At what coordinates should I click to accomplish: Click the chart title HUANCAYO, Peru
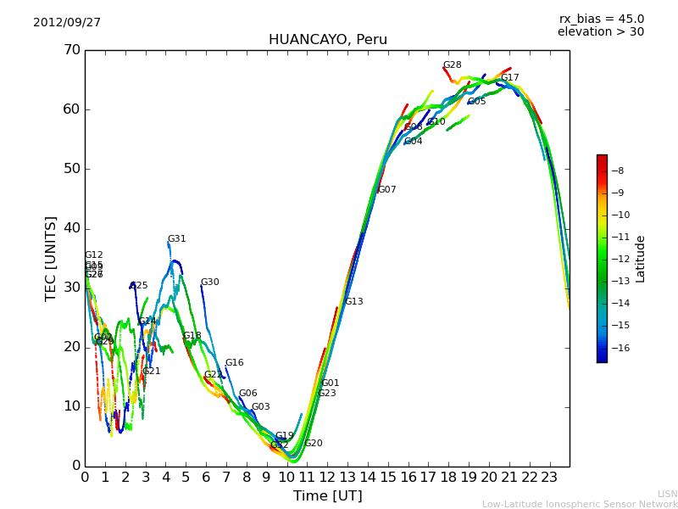click(x=327, y=40)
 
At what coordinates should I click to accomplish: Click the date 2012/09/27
click(x=67, y=23)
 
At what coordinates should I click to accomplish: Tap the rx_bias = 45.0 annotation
click(x=601, y=20)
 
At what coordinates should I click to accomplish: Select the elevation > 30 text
click(x=600, y=32)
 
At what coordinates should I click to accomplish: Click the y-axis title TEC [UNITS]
click(x=51, y=258)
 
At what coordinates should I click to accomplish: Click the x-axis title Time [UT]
click(x=327, y=496)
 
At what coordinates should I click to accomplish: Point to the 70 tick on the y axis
click(x=71, y=50)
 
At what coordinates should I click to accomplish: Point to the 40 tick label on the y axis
click(x=71, y=228)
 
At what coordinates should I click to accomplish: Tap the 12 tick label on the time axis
click(x=327, y=478)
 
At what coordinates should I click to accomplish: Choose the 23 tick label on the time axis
click(x=549, y=478)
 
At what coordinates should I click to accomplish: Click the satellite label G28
click(x=453, y=65)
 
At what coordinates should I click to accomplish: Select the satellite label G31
click(x=176, y=239)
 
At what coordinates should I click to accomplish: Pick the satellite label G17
click(x=509, y=78)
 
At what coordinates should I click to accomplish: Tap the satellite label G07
click(x=386, y=190)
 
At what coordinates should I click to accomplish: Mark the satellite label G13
click(x=353, y=302)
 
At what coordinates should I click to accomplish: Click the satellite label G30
click(x=209, y=282)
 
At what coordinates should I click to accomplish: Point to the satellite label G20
click(x=313, y=444)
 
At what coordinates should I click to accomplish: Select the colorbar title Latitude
click(x=641, y=259)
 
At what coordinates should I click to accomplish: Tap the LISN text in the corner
click(x=667, y=494)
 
